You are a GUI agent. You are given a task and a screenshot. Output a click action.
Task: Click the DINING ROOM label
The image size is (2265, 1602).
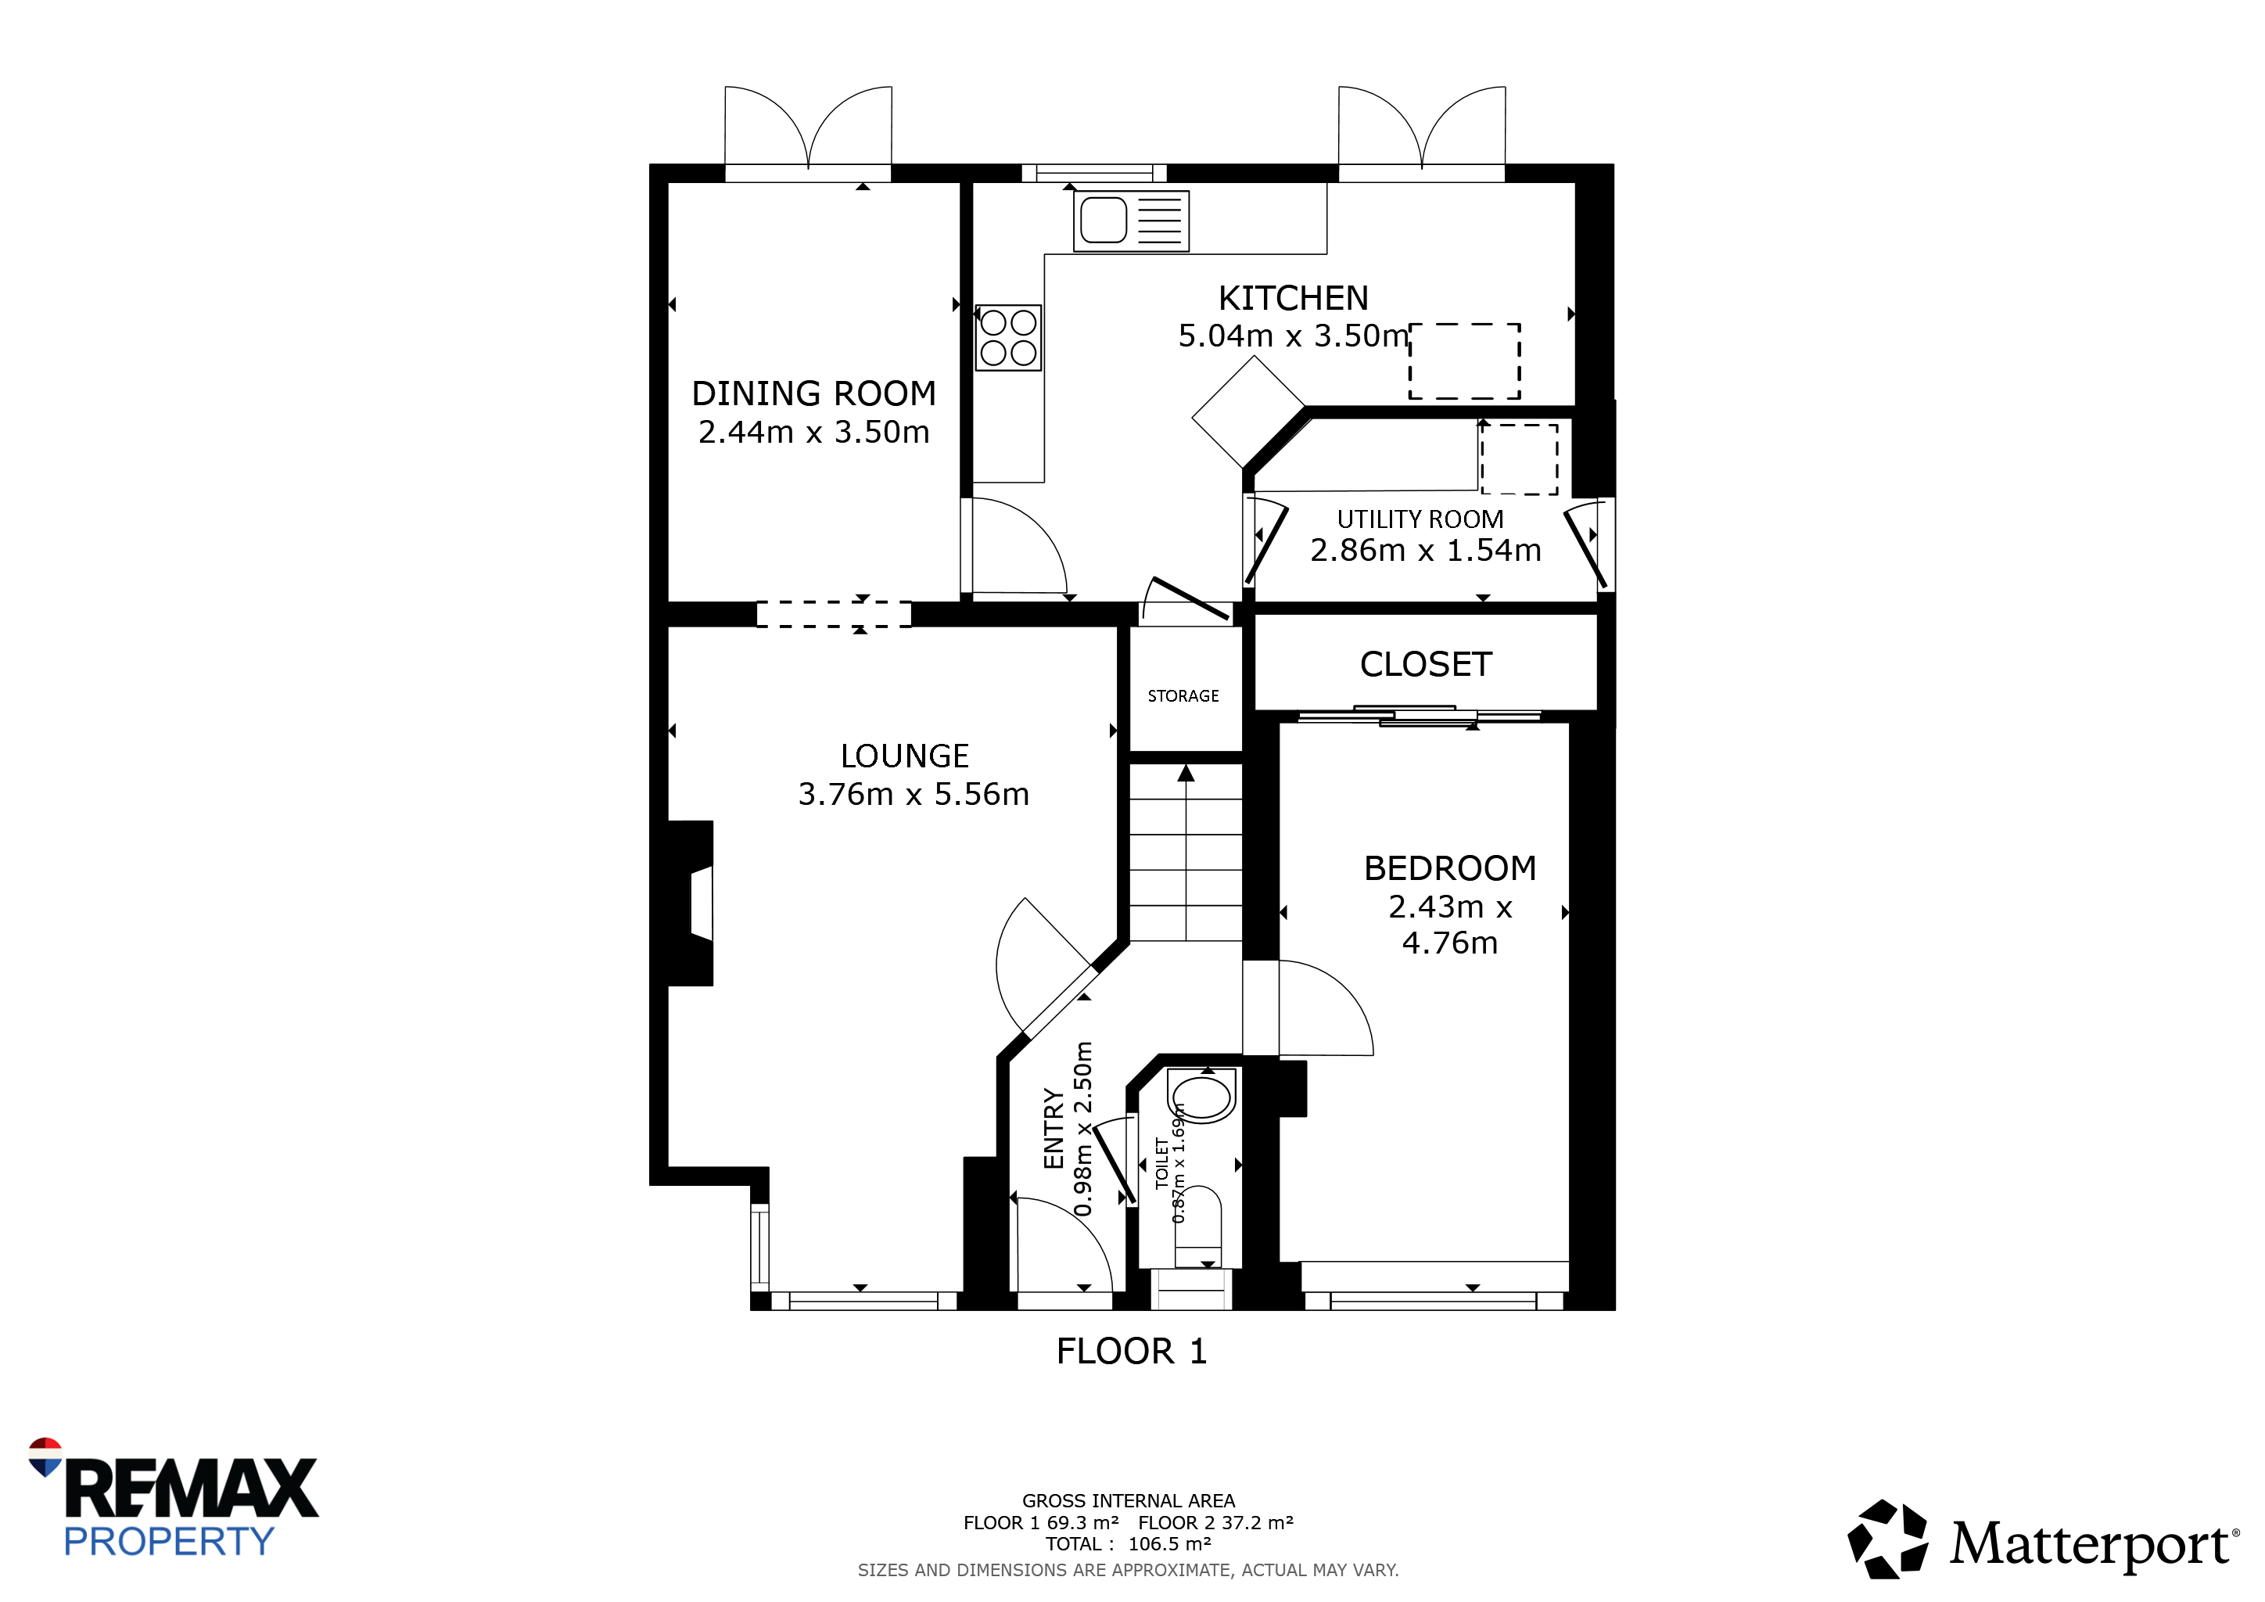pos(814,393)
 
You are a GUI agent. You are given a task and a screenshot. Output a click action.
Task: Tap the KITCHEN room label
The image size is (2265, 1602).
pos(1294,298)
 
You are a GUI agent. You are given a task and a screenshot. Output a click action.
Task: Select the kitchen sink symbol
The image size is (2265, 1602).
pos(1132,221)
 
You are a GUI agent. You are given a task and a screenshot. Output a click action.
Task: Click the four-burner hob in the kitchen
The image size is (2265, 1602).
pos(1008,337)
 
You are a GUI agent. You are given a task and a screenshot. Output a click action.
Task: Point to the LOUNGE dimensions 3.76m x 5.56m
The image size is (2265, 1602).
pos(914,794)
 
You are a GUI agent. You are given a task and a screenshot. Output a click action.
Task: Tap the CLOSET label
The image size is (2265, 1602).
pos(1426,665)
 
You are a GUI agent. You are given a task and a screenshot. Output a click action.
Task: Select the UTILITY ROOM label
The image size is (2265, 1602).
pos(1420,520)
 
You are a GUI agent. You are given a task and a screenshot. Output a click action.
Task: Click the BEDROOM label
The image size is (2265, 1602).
pos(1450,868)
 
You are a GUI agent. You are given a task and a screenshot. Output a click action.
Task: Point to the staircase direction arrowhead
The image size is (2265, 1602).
pos(1186,774)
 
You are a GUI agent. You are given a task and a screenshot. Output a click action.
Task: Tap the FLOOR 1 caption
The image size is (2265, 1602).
pos(1132,1352)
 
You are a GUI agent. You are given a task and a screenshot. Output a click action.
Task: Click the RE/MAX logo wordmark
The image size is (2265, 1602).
pos(192,1489)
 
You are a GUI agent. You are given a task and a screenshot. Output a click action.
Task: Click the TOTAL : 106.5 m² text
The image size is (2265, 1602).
pos(1129,1544)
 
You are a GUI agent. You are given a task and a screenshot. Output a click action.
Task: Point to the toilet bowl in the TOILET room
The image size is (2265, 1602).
pos(1201,1096)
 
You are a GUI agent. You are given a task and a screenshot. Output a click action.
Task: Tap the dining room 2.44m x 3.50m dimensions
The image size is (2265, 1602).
pos(814,432)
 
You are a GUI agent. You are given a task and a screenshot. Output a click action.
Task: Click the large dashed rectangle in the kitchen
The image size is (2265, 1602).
pos(1464,361)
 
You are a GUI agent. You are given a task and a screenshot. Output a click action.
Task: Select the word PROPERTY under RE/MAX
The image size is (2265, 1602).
pos(169,1541)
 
